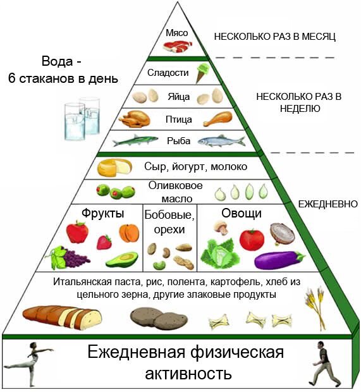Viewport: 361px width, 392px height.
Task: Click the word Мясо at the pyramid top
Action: tap(177, 33)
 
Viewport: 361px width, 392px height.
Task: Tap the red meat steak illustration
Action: tap(178, 47)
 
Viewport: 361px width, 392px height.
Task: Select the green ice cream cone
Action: tap(203, 73)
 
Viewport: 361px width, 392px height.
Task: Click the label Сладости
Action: tap(168, 73)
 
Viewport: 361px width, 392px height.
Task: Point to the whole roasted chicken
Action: tap(134, 118)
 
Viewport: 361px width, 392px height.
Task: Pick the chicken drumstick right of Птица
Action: tap(217, 118)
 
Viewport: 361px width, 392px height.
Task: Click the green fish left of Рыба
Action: tap(135, 140)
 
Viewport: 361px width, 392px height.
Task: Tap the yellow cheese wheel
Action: tap(114, 167)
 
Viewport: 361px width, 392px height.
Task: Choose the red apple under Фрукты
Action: tap(77, 232)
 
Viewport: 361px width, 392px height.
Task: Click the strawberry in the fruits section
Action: tap(104, 242)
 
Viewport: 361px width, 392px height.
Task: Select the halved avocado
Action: tap(122, 259)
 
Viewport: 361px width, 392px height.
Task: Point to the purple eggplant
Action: tap(279, 260)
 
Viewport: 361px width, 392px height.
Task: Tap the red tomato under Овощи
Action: tap(252, 240)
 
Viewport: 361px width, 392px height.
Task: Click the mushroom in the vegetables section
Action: tap(221, 227)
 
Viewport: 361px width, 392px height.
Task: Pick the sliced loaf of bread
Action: tap(62, 317)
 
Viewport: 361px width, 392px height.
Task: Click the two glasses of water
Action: tap(82, 118)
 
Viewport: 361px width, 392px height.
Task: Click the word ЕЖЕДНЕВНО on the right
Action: tap(328, 204)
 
